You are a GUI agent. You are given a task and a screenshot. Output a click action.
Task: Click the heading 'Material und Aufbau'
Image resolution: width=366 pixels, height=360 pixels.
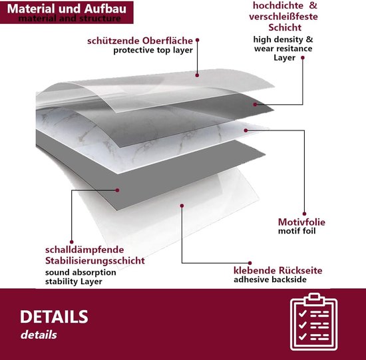pos(67,9)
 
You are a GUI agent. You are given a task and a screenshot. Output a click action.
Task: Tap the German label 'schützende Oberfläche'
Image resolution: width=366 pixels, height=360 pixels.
pos(140,41)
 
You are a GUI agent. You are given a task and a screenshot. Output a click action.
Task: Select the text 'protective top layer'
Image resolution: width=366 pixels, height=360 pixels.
pos(153,50)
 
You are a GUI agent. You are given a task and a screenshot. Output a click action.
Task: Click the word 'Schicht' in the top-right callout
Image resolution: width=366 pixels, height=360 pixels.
pos(285,27)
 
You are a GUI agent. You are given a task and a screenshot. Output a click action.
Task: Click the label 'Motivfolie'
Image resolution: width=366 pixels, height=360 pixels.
pos(301,222)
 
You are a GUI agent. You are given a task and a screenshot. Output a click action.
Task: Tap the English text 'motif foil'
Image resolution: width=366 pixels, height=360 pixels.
pos(297,231)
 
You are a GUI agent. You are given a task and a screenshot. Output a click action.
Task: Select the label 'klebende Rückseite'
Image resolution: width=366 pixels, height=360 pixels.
pos(277,271)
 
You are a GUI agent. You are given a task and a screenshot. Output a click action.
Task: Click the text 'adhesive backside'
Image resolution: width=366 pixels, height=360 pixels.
pos(270,279)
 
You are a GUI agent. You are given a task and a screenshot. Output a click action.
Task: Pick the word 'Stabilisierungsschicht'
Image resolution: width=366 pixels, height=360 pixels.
pos(95,261)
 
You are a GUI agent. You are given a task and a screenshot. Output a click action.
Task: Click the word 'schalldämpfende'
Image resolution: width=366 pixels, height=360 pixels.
pos(85,250)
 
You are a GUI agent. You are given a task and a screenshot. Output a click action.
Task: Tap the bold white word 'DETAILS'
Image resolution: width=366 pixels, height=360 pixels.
pos(54,317)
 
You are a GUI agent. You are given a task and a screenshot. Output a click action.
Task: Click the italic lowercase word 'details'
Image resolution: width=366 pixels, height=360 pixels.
pos(39,335)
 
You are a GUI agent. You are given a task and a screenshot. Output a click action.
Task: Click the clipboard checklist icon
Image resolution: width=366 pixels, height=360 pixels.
pos(314,321)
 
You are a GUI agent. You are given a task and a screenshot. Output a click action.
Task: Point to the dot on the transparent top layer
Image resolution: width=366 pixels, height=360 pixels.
pos(197,75)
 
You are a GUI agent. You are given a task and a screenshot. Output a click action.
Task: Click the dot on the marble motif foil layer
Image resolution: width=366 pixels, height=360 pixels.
pos(246,130)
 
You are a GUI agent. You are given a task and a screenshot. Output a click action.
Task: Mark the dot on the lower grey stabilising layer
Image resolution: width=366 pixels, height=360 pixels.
pos(117,190)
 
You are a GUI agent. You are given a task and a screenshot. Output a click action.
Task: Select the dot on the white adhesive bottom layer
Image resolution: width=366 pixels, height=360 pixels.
pos(182,206)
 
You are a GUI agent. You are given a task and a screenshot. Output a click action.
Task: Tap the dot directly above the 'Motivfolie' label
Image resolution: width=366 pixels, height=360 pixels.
pos(304,214)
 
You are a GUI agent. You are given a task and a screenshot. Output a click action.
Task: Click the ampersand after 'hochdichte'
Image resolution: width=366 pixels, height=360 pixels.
pos(313,5)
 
